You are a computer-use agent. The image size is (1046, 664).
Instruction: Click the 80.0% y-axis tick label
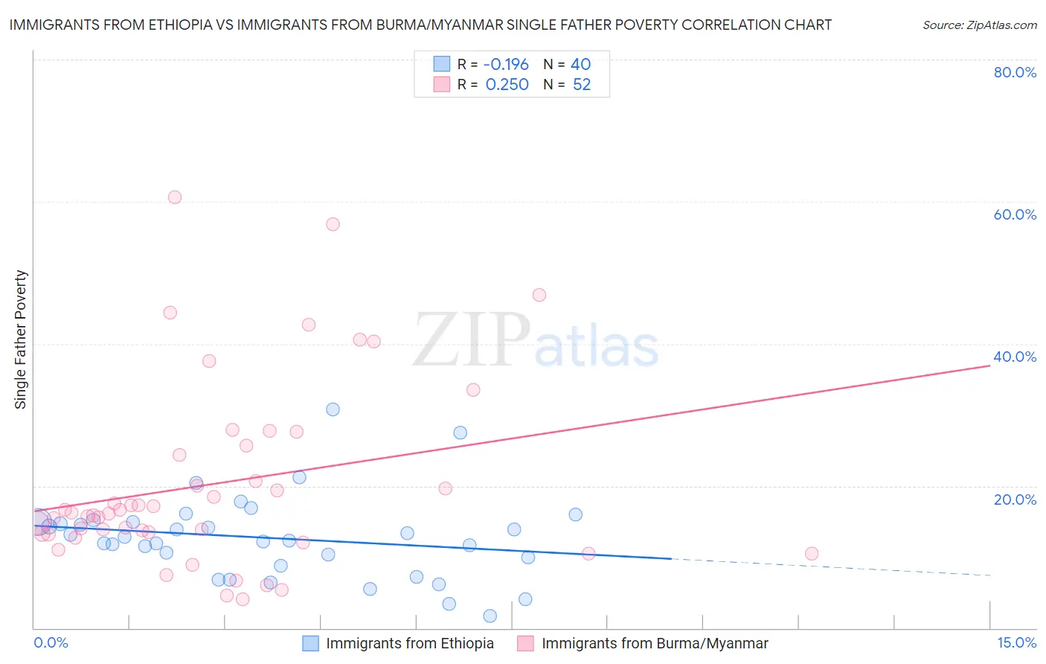click(x=1015, y=72)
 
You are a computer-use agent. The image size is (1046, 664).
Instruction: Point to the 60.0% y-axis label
click(x=1015, y=214)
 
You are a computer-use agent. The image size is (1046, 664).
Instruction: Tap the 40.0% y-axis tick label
click(x=1015, y=357)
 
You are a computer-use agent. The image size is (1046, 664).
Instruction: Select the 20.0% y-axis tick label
click(x=1015, y=499)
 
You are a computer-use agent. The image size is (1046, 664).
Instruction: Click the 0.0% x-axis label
click(x=51, y=642)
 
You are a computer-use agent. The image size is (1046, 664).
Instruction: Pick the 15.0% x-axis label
click(x=1016, y=642)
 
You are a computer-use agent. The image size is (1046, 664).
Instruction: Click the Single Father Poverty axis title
click(x=21, y=339)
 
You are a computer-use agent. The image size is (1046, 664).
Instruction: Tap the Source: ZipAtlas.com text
click(x=979, y=25)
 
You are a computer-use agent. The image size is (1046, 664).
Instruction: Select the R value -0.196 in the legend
click(x=506, y=65)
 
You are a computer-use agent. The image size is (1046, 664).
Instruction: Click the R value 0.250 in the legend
click(x=507, y=85)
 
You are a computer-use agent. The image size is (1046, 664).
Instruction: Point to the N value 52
click(x=582, y=85)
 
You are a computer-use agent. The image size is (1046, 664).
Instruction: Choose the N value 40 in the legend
click(x=580, y=65)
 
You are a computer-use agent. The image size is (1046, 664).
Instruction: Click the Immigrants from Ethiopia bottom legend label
click(x=409, y=643)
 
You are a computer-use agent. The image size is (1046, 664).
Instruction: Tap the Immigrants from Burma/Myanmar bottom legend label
click(x=655, y=643)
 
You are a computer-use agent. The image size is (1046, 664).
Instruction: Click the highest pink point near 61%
click(x=175, y=197)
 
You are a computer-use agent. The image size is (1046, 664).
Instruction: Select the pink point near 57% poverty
click(x=333, y=224)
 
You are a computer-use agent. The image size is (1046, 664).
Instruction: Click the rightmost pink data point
click(x=812, y=554)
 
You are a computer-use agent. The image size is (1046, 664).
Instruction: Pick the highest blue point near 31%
click(x=333, y=409)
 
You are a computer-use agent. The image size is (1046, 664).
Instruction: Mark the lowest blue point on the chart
click(x=490, y=616)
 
